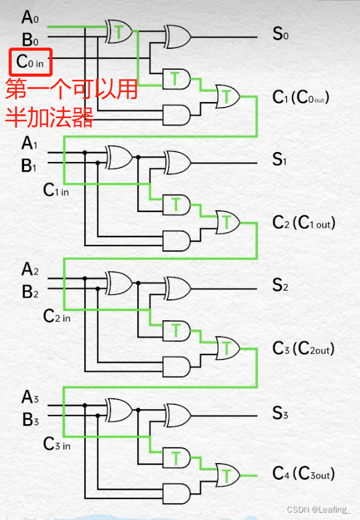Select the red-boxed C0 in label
click(x=30, y=62)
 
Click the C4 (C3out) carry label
click(x=303, y=474)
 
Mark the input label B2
click(x=30, y=291)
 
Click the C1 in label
click(x=56, y=190)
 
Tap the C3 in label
click(x=56, y=443)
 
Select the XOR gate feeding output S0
click(x=177, y=36)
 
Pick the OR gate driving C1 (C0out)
click(x=228, y=95)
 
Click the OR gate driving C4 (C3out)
click(x=228, y=474)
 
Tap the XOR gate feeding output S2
click(x=177, y=288)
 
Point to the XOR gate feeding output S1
click(x=177, y=162)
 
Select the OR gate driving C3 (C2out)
click(x=228, y=348)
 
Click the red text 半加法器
click(x=49, y=116)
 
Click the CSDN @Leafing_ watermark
click(x=319, y=509)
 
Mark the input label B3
click(x=30, y=419)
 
